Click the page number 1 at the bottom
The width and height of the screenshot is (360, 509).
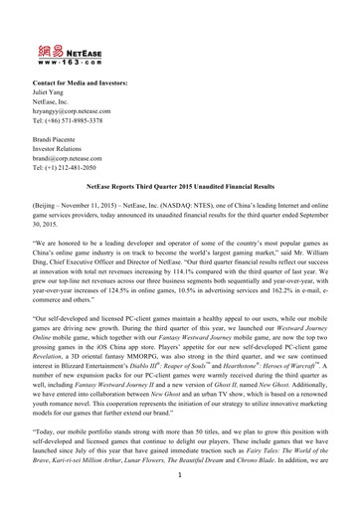(x=180, y=501)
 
